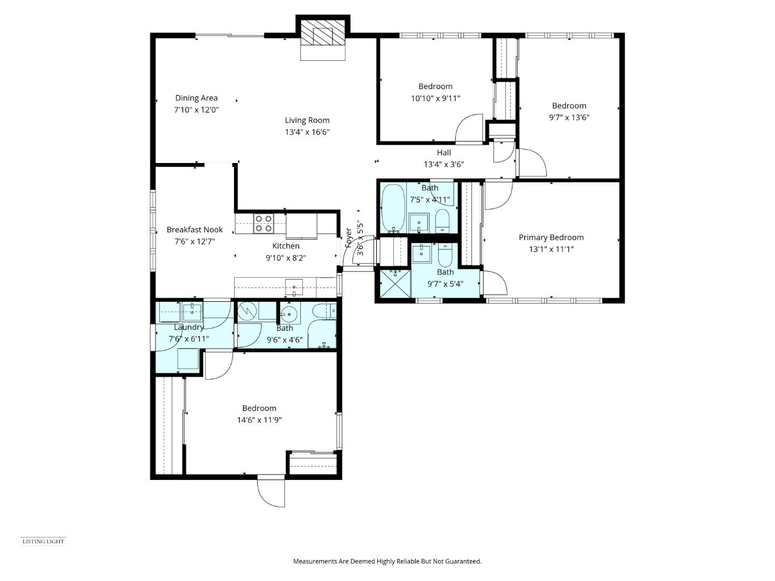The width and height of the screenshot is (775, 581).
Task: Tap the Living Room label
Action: pos(307,121)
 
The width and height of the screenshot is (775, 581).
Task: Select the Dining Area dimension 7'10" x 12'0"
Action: pos(196,110)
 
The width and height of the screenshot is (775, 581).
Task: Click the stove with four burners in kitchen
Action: pos(263,223)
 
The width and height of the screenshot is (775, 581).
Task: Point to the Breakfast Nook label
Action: pos(194,230)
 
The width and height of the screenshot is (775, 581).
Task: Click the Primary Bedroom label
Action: pos(551,237)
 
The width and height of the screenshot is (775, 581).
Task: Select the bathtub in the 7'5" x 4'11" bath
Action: pos(393,208)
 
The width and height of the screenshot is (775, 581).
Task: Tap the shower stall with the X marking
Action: pos(395,283)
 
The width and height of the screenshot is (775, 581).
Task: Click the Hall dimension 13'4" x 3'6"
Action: pos(443,165)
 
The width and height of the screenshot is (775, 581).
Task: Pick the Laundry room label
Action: pos(189,327)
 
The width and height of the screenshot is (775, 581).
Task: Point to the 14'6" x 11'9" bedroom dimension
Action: pos(259,420)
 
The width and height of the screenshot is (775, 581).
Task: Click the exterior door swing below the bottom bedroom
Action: pos(271,491)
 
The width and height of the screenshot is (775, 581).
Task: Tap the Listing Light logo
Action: pos(43,541)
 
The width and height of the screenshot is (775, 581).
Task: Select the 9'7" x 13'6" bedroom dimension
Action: pos(569,117)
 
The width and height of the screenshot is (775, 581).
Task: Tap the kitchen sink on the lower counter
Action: pos(294,287)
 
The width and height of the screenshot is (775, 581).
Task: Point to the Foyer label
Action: pos(349,237)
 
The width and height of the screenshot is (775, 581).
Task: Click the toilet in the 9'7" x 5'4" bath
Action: pos(446,256)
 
